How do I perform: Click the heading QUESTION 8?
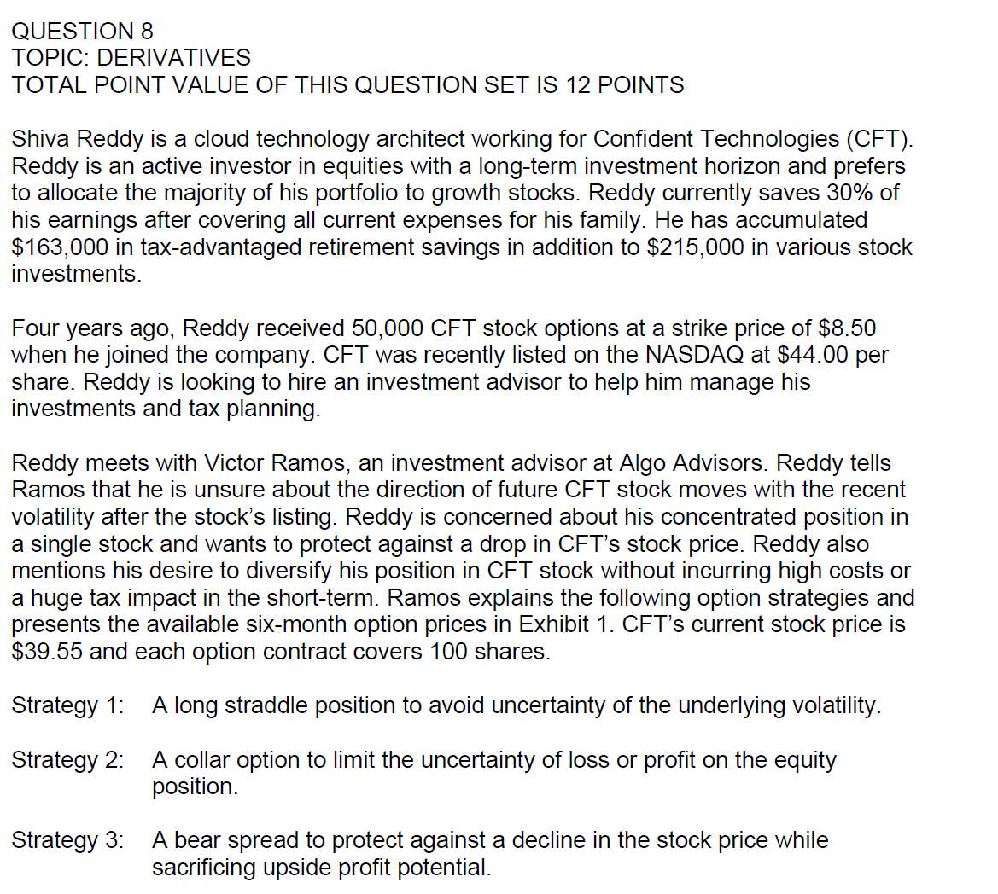[82, 32]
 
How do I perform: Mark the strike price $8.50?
[847, 328]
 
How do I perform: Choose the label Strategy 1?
[67, 706]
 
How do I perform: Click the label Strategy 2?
[67, 760]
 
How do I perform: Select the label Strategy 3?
[67, 840]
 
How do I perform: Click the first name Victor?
[236, 463]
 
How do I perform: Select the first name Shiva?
[42, 139]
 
